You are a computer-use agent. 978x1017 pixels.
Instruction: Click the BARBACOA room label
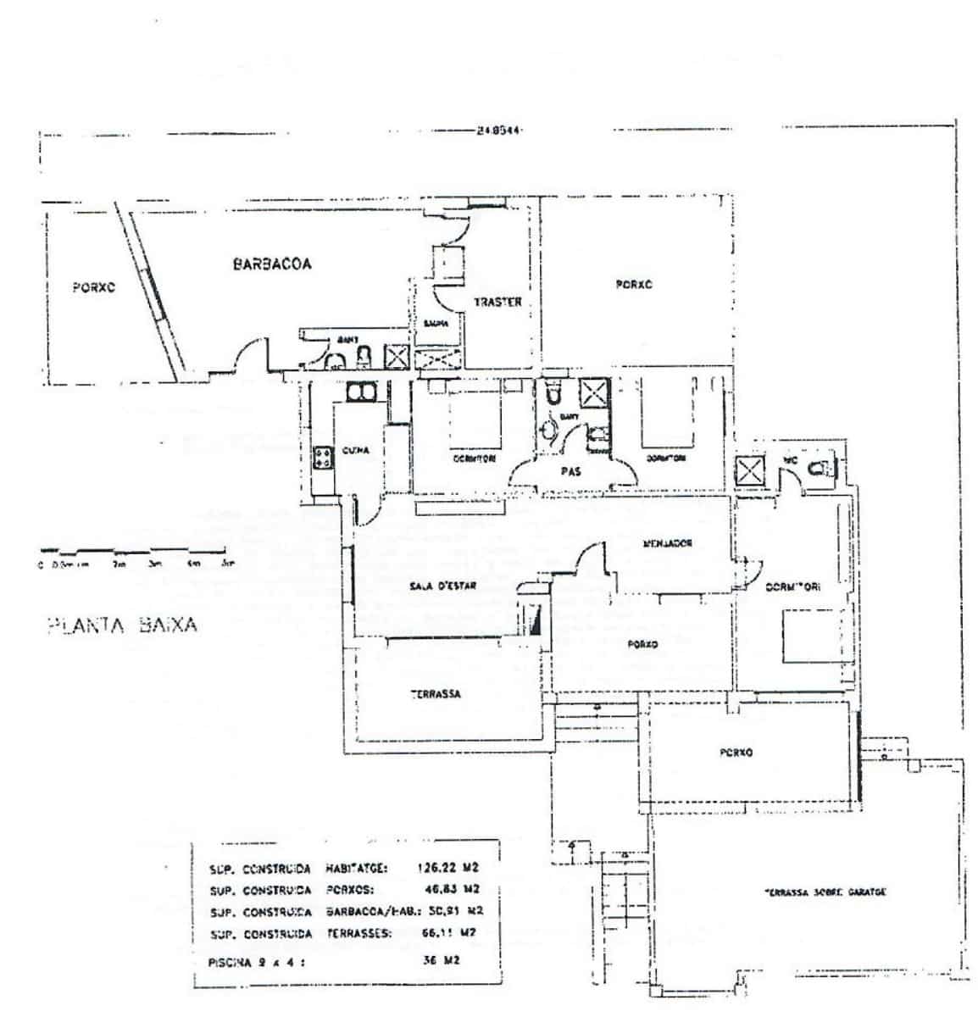coord(271,264)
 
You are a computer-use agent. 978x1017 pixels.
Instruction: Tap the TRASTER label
coord(497,302)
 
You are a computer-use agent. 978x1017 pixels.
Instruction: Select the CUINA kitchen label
coord(355,451)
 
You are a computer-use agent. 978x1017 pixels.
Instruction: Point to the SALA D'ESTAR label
coord(442,586)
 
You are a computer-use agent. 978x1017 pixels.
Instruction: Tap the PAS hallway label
coord(570,472)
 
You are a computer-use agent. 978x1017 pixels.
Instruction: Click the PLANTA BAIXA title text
coord(121,625)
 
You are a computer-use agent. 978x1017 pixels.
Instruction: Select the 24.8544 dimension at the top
coord(498,131)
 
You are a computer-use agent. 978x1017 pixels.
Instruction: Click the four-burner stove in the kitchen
coord(322,458)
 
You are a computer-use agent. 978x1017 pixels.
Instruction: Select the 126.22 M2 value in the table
coord(447,867)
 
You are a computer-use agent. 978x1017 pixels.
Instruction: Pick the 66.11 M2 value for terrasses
coord(451,933)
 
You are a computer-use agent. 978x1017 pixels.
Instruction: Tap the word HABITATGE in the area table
coord(356,867)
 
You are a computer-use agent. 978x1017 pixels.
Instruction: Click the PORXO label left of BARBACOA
coord(93,287)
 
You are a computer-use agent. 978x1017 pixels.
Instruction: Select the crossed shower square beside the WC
coord(749,471)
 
